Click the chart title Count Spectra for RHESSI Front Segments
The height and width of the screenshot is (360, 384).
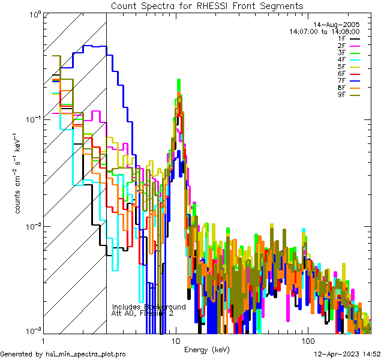[207, 5]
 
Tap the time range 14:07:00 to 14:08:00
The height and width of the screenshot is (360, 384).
[324, 31]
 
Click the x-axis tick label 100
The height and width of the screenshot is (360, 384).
[307, 341]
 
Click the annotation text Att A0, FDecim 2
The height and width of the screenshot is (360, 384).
[142, 313]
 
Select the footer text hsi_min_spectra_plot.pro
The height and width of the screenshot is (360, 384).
[86, 355]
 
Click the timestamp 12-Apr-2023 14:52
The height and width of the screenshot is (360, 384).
[348, 355]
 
